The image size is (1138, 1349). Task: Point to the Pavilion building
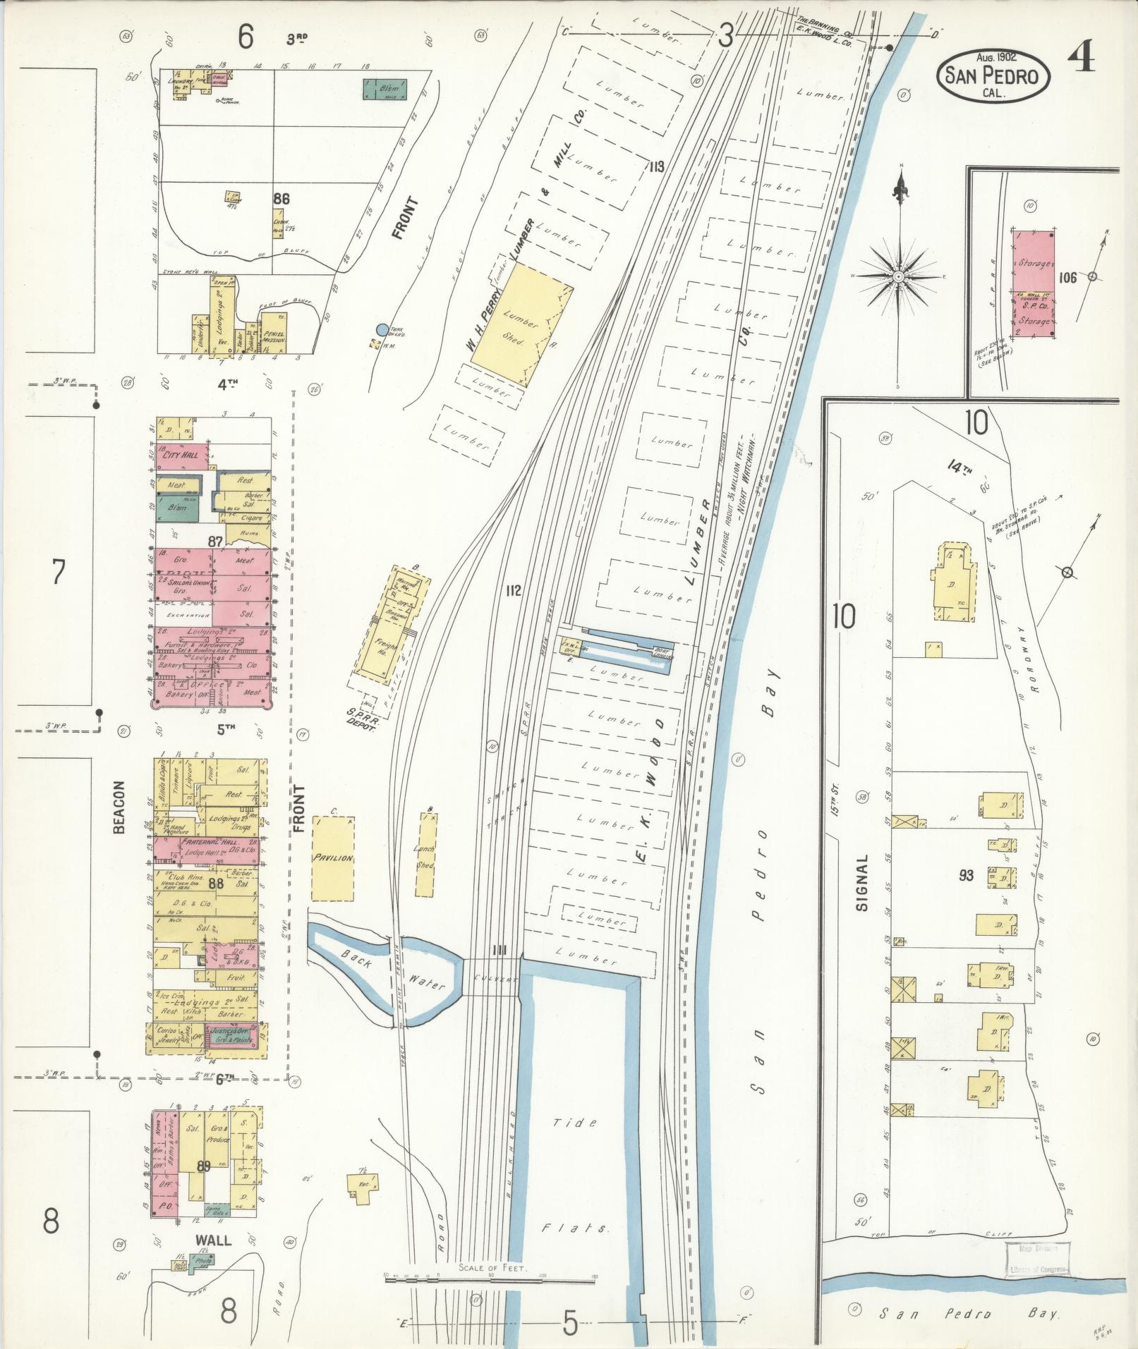tap(332, 858)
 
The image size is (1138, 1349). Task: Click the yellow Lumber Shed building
tap(521, 325)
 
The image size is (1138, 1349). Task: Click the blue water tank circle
tap(382, 329)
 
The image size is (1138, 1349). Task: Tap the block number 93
tap(966, 876)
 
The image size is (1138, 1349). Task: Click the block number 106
tap(1067, 278)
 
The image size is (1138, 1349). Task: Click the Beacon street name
tap(119, 807)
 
